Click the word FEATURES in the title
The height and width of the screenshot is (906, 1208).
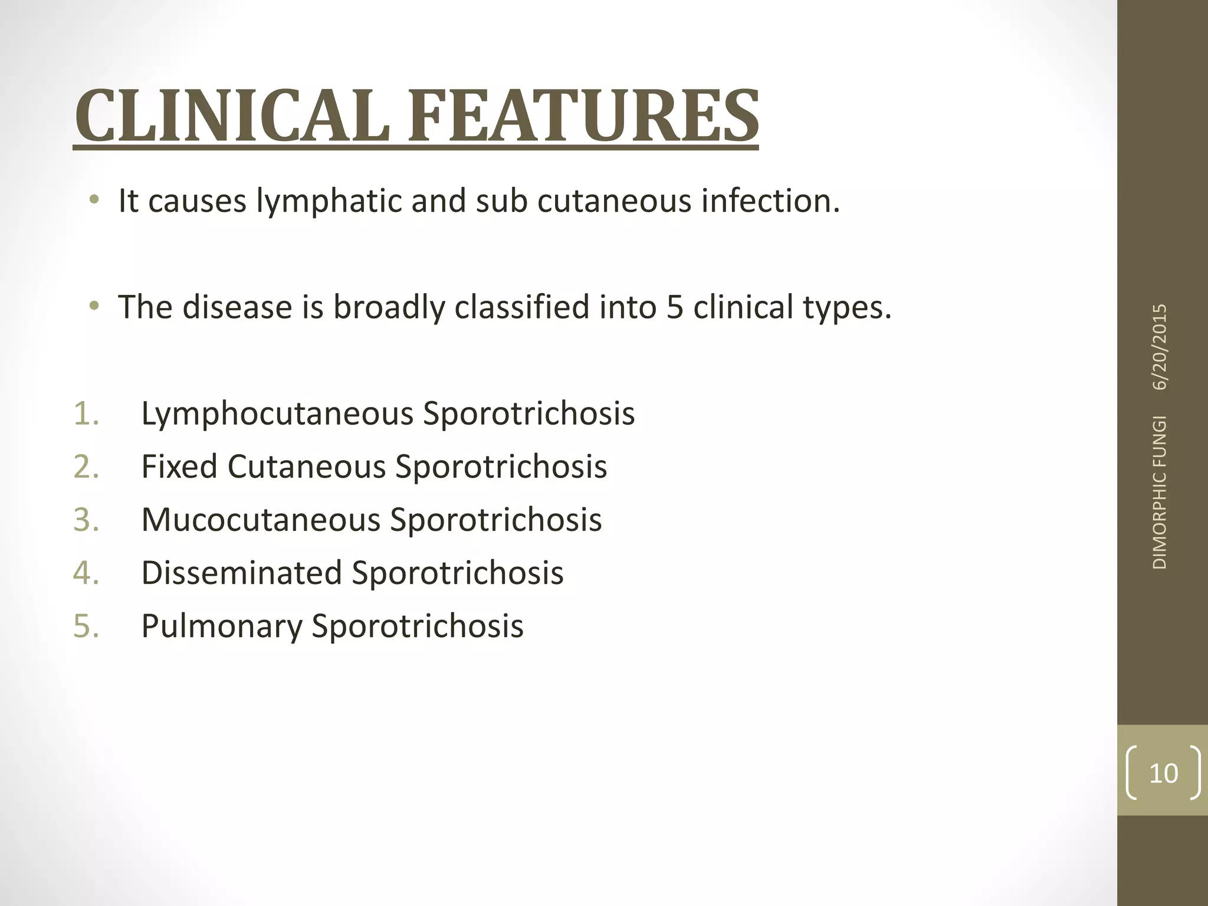(583, 116)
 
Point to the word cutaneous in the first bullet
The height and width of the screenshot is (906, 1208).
(614, 201)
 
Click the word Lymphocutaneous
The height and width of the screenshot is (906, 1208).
(277, 414)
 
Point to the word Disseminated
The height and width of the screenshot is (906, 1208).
(242, 573)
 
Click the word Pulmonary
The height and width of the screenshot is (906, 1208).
(222, 626)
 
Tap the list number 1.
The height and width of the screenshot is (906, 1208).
(86, 413)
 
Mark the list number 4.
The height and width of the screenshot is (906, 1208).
(86, 573)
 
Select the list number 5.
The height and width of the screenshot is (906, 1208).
(86, 626)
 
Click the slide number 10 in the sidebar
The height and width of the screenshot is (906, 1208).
(1163, 773)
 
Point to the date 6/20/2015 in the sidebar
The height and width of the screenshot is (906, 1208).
(1160, 347)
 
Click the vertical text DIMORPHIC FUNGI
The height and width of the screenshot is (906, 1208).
(1160, 492)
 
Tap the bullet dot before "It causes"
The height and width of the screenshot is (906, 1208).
(93, 201)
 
